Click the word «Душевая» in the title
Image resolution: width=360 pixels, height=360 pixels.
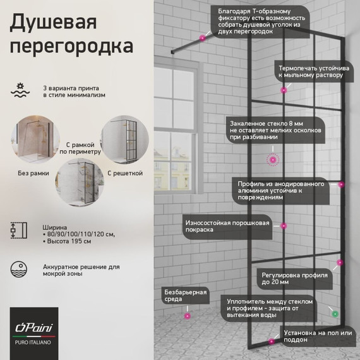point(54,23)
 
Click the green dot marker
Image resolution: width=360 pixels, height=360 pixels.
point(335,313)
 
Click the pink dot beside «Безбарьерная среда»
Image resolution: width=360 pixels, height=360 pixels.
point(186,315)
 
